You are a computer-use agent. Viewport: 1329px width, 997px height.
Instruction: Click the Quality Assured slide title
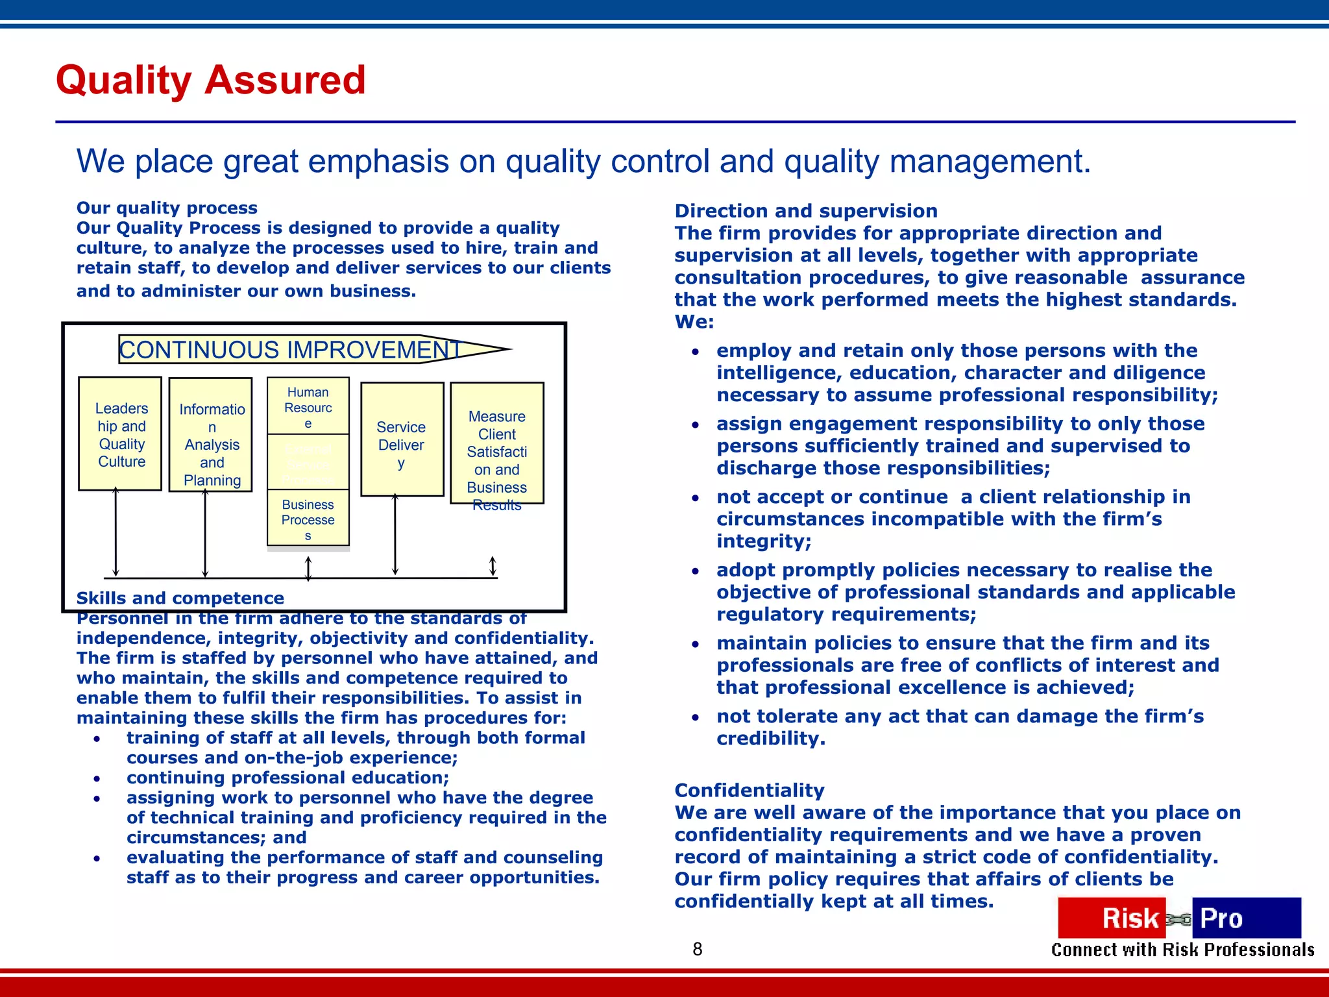(x=211, y=80)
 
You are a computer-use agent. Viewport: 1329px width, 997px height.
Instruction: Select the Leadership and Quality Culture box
(x=120, y=434)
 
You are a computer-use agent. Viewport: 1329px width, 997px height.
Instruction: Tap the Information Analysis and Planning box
(x=211, y=435)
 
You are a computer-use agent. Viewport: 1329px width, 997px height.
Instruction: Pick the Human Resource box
(x=308, y=406)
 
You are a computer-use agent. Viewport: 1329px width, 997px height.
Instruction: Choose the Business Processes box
(x=308, y=519)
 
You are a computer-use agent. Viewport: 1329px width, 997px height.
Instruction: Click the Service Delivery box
(x=402, y=440)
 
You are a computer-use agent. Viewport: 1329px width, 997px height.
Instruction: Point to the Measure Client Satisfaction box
(x=497, y=443)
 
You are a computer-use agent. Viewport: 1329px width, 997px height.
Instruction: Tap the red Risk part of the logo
(x=1112, y=918)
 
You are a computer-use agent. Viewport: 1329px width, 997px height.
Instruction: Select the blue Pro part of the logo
(x=1245, y=918)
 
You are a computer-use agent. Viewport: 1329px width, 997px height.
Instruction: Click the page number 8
(x=698, y=949)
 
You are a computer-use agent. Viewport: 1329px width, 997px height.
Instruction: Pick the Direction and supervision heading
(x=806, y=211)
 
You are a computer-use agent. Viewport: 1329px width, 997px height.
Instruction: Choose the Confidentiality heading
(x=750, y=790)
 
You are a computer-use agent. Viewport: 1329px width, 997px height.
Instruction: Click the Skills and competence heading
(x=180, y=598)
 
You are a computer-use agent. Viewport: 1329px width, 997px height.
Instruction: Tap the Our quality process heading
(x=167, y=208)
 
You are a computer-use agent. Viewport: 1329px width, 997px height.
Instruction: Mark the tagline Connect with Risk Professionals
(x=1182, y=950)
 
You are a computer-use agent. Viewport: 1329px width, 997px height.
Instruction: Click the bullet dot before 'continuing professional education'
(x=97, y=778)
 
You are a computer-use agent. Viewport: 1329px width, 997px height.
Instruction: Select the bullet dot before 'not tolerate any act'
(x=695, y=718)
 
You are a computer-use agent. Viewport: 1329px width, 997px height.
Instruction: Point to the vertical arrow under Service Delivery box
(x=395, y=535)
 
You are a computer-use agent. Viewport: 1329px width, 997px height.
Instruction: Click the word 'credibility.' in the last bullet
(x=771, y=739)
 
